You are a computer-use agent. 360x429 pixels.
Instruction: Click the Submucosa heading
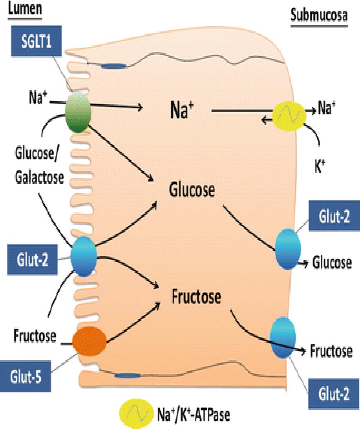point(319,16)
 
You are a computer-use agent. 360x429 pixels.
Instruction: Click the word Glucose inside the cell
point(192,191)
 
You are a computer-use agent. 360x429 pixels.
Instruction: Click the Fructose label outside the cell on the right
point(331,351)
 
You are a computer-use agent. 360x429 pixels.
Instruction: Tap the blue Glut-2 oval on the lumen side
point(84,256)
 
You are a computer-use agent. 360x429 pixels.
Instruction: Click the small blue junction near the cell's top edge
point(113,66)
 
